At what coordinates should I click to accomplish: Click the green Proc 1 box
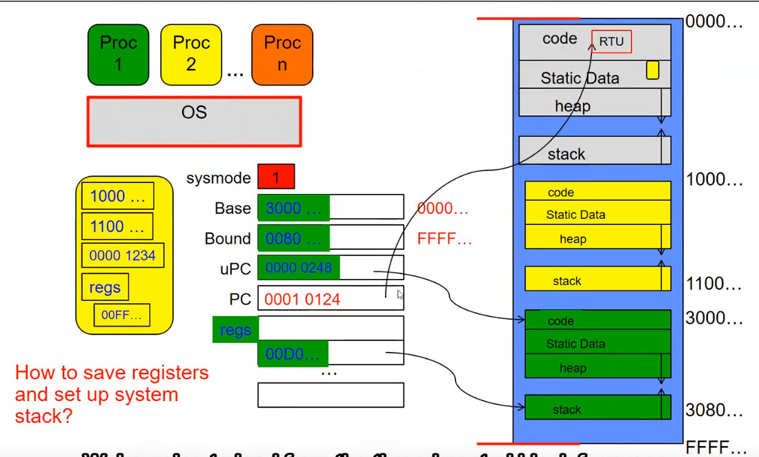[x=118, y=55]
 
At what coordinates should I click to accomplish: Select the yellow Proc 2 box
[x=190, y=55]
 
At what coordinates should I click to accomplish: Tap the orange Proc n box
[x=282, y=55]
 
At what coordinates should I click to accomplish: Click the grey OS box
[x=194, y=121]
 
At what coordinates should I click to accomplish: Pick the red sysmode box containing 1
[x=276, y=177]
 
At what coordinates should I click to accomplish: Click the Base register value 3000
[x=293, y=207]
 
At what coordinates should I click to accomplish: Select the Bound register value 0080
[x=293, y=237]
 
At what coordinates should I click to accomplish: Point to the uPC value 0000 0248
[x=298, y=268]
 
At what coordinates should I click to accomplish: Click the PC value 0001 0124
[x=303, y=299]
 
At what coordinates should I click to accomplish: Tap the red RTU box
[x=611, y=41]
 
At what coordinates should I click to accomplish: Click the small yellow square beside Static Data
[x=652, y=70]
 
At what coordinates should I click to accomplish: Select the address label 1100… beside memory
[x=713, y=284]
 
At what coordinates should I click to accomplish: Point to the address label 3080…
[x=713, y=410]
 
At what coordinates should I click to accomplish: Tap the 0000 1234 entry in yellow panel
[x=122, y=255]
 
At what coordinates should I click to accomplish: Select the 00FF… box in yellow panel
[x=121, y=315]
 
